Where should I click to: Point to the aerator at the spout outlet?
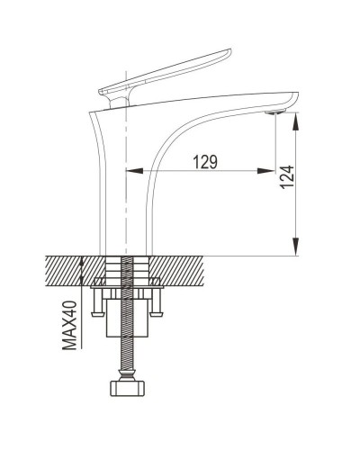click(274, 112)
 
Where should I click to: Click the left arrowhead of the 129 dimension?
click(132, 171)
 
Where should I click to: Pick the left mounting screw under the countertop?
click(99, 301)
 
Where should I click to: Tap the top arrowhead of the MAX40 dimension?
click(83, 261)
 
